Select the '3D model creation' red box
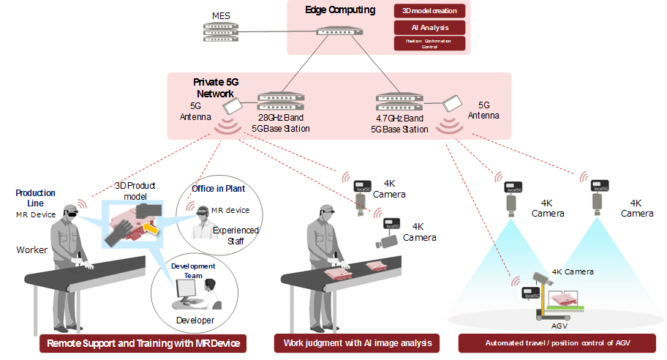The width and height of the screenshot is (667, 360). pos(429,11)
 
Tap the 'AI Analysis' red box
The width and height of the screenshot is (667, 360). pos(429,27)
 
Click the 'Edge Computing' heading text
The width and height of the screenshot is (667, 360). pos(339,10)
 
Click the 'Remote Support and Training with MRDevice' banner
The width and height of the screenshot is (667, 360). pos(143,343)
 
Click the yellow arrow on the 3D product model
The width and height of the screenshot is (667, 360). pos(152,231)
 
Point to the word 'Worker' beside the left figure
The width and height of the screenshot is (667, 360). pos(31,250)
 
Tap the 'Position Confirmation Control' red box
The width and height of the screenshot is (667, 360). pos(429,43)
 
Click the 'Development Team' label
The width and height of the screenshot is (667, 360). pos(193,270)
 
